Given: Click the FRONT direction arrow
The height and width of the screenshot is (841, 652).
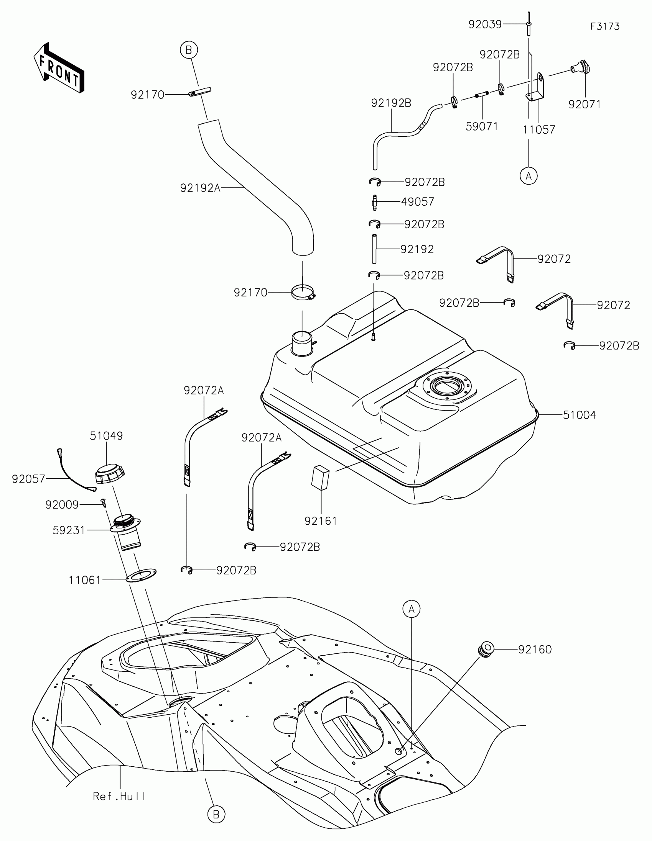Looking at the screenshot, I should point(59,68).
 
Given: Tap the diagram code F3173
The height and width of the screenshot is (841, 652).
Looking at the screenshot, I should point(604,26).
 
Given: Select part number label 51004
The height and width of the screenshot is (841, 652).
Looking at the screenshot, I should point(579,415).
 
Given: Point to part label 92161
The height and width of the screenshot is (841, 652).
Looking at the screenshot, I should point(321,521).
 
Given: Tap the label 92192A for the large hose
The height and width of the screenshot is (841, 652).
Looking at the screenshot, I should point(200,188).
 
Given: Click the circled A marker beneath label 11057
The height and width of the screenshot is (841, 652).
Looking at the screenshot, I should point(528,176).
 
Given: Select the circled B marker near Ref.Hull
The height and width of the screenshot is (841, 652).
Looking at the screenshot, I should point(216,815).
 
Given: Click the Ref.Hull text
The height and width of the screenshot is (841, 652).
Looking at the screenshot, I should point(120,796).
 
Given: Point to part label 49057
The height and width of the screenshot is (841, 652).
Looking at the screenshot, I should point(418,202).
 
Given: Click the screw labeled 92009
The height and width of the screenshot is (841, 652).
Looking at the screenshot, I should point(103,502).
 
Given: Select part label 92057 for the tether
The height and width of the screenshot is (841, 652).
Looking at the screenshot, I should point(28,479).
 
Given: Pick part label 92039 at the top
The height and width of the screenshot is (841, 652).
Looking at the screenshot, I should point(485,25).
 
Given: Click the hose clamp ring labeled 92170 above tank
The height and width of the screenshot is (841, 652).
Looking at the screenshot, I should point(303,293).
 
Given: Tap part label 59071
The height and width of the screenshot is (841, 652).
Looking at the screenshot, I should point(482,126).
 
